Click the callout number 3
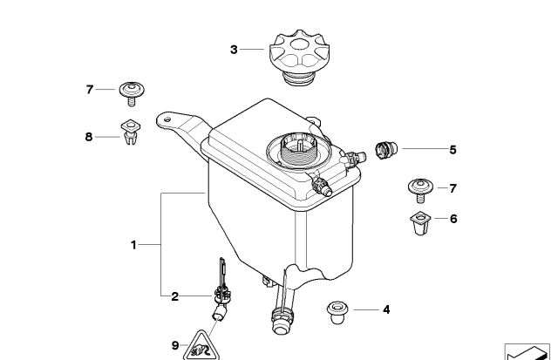pos(234,50)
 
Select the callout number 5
pos(453,150)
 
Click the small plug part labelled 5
pos(384,149)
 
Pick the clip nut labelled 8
pos(131,132)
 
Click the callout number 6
pos(453,219)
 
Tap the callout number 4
pos(386,309)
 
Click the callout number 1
pos(133,245)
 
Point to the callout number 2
pos(174,296)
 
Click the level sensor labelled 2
pos(221,293)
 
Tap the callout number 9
pos(175,346)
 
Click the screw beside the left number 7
pos(132,92)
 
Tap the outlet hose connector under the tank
pos(282,314)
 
